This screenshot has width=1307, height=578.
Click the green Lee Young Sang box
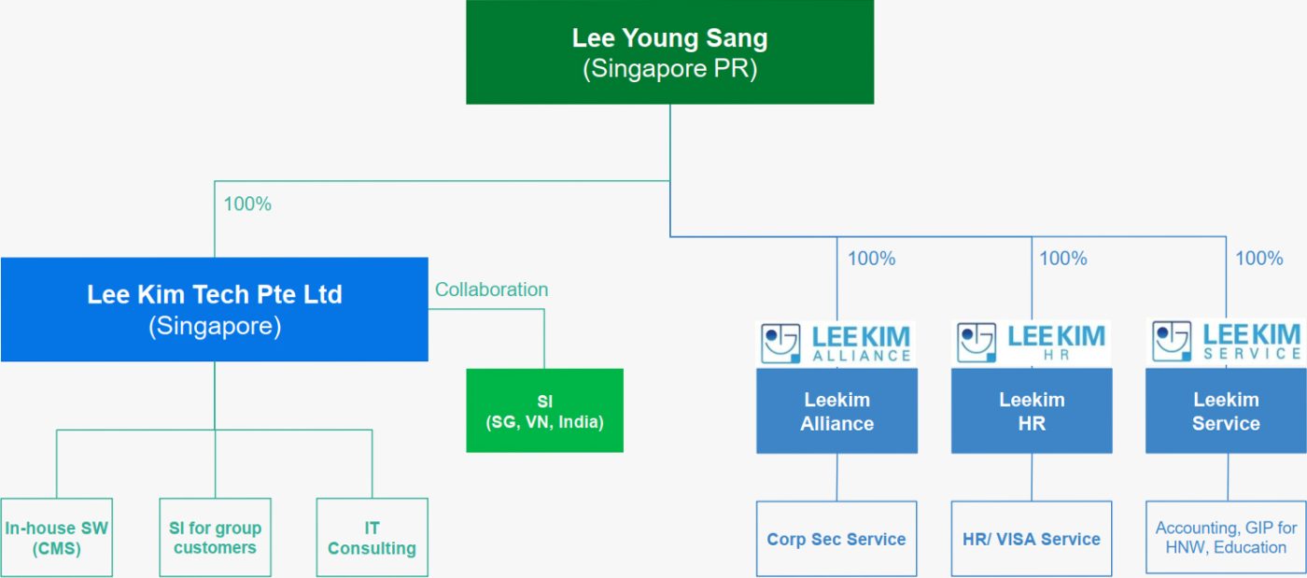coord(669,52)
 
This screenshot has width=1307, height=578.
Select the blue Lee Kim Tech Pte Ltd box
coord(214,309)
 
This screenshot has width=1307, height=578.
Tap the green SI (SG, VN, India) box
coord(544,411)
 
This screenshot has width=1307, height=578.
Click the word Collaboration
coord(491,289)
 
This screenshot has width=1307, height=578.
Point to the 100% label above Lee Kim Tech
coord(247,204)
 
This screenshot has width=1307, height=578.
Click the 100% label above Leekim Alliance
coord(871,259)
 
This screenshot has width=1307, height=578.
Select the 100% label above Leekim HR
coord(1063,259)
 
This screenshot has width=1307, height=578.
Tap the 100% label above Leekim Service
coord(1258,259)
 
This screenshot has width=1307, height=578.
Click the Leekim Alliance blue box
coord(836,411)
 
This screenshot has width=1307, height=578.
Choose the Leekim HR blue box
coord(1032,411)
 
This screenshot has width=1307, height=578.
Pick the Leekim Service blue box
coord(1226,411)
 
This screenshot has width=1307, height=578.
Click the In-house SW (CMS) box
coord(56,538)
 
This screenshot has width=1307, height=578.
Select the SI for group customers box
coord(215,538)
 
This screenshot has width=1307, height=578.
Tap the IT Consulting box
coord(372,538)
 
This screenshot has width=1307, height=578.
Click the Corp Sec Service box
coord(836,539)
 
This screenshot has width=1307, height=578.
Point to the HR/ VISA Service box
coord(1032,539)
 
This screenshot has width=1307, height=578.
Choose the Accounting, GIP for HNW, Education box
coord(1226,538)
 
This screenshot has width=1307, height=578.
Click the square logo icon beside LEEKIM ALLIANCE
coord(780,343)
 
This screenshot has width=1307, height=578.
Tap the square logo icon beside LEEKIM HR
coord(977,343)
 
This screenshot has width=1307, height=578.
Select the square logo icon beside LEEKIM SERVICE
coord(1172,343)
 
